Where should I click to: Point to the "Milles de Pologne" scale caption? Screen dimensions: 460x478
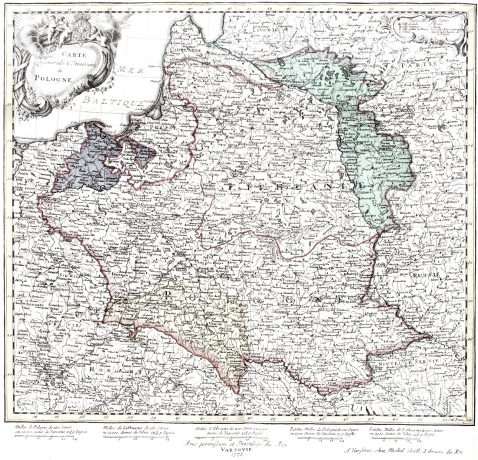click(x=49, y=431)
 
